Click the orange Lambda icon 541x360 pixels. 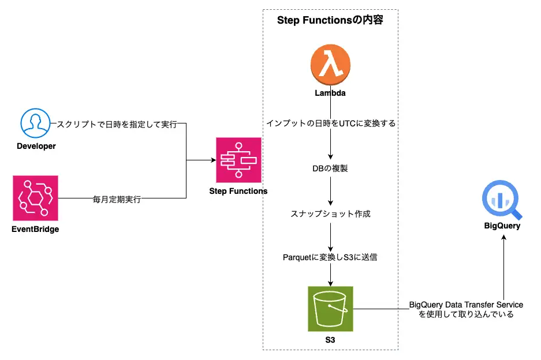point(330,65)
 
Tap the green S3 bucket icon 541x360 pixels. point(330,309)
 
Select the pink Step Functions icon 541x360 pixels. point(238,160)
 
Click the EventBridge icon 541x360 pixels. point(36,198)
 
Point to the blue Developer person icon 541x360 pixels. point(36,123)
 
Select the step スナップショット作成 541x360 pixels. point(330,213)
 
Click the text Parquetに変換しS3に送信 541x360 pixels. point(330,257)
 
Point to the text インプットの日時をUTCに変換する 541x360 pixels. point(330,123)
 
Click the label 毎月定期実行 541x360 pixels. point(117,200)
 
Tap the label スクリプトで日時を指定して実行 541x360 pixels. point(117,124)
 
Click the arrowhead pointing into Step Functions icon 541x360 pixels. point(212,160)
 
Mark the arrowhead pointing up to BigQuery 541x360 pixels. point(503,238)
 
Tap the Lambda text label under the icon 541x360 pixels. point(330,92)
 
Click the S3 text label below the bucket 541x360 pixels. point(330,340)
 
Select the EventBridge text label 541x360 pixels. point(36,229)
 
